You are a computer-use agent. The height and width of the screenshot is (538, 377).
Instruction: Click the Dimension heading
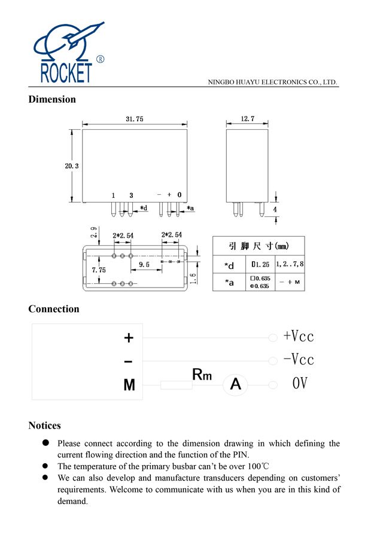coord(52,99)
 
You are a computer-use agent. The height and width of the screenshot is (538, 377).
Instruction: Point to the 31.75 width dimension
coord(134,119)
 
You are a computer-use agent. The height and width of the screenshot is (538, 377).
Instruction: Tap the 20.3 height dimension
coord(72,166)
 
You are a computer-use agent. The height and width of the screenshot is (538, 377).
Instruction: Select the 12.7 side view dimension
coord(248,119)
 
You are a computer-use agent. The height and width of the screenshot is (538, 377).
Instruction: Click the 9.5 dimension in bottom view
coord(144,264)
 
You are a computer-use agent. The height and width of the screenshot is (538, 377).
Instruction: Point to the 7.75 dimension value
coord(99,271)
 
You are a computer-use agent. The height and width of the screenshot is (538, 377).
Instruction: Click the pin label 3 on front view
coord(131,195)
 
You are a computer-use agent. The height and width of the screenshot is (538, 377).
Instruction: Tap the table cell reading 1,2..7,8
coord(290,264)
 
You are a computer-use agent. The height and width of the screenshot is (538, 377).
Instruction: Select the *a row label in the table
coord(229,282)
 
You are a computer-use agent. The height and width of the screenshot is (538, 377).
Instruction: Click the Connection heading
coord(54,309)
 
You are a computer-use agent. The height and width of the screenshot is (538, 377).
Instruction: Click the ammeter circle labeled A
coord(236,385)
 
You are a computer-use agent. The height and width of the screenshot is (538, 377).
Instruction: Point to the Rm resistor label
coord(202,375)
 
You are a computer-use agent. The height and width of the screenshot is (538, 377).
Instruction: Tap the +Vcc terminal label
coord(298,336)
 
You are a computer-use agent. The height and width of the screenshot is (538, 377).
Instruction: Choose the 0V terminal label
coord(300,383)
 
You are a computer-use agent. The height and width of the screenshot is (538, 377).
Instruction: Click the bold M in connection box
coord(129,386)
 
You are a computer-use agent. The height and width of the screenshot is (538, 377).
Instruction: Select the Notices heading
coord(44,426)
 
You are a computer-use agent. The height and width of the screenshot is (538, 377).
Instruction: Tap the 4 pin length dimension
coord(275,210)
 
